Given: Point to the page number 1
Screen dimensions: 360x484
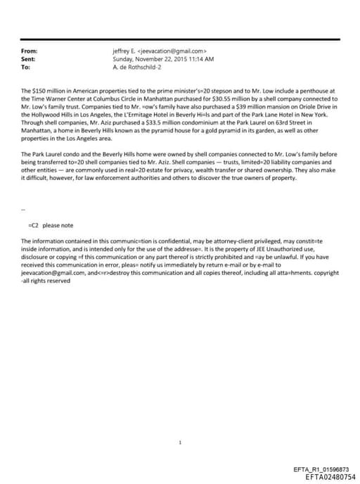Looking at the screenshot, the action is coord(181,423).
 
